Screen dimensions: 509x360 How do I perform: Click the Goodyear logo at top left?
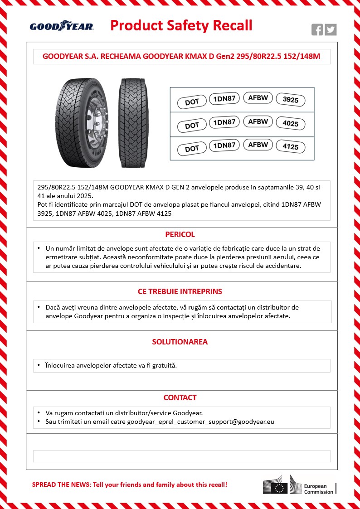[x=62, y=26]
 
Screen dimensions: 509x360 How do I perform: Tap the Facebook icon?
[x=317, y=30]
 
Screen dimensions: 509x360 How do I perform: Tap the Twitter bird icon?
[x=331, y=30]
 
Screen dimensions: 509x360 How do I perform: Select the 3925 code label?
[x=290, y=100]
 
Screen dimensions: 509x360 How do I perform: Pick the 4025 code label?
[x=290, y=123]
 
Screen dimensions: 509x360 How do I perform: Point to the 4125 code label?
[x=290, y=147]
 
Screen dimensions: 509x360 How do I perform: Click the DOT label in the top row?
[x=192, y=102]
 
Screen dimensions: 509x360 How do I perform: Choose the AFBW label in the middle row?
[x=258, y=121]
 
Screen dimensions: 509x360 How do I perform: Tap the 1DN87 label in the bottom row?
[x=224, y=145]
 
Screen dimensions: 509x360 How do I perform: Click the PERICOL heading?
[x=180, y=234]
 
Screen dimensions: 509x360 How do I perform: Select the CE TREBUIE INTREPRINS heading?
[x=180, y=291]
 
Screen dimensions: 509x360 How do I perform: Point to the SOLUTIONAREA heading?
[x=180, y=342]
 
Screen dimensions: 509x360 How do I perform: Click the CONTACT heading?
[x=180, y=398]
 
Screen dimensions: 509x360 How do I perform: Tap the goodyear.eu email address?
[x=201, y=422]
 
